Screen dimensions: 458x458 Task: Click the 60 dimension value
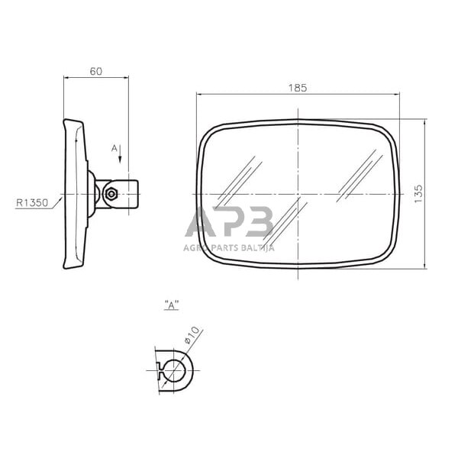pyautogui.click(x=96, y=71)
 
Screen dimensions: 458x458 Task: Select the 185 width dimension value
pyautogui.click(x=298, y=88)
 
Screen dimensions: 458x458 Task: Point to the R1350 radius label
pyautogui.click(x=31, y=203)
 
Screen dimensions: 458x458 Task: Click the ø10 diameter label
pyautogui.click(x=192, y=335)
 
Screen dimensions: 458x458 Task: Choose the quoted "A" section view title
pyautogui.click(x=172, y=304)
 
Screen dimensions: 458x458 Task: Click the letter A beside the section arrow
pyautogui.click(x=114, y=147)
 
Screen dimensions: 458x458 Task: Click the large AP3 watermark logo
pyautogui.click(x=230, y=223)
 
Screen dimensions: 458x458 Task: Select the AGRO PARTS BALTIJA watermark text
pyautogui.click(x=229, y=247)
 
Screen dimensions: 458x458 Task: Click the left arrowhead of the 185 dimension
pyautogui.click(x=200, y=95)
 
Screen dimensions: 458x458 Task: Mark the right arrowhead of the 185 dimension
pyautogui.click(x=395, y=95)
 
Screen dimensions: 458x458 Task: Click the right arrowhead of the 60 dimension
pyautogui.click(x=124, y=77)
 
